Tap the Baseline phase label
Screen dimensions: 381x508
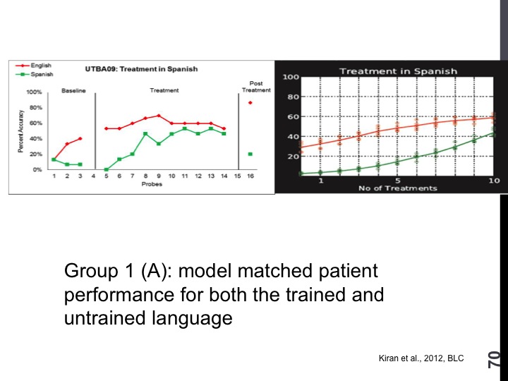[x=74, y=90]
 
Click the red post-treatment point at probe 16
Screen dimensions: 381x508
[x=250, y=103]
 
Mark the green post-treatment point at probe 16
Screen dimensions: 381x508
[x=250, y=154]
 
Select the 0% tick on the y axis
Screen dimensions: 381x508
[x=37, y=170]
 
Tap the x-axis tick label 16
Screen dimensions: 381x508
[x=250, y=176]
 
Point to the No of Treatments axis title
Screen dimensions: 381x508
[x=397, y=188]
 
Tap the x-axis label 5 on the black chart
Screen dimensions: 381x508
[x=398, y=181]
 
